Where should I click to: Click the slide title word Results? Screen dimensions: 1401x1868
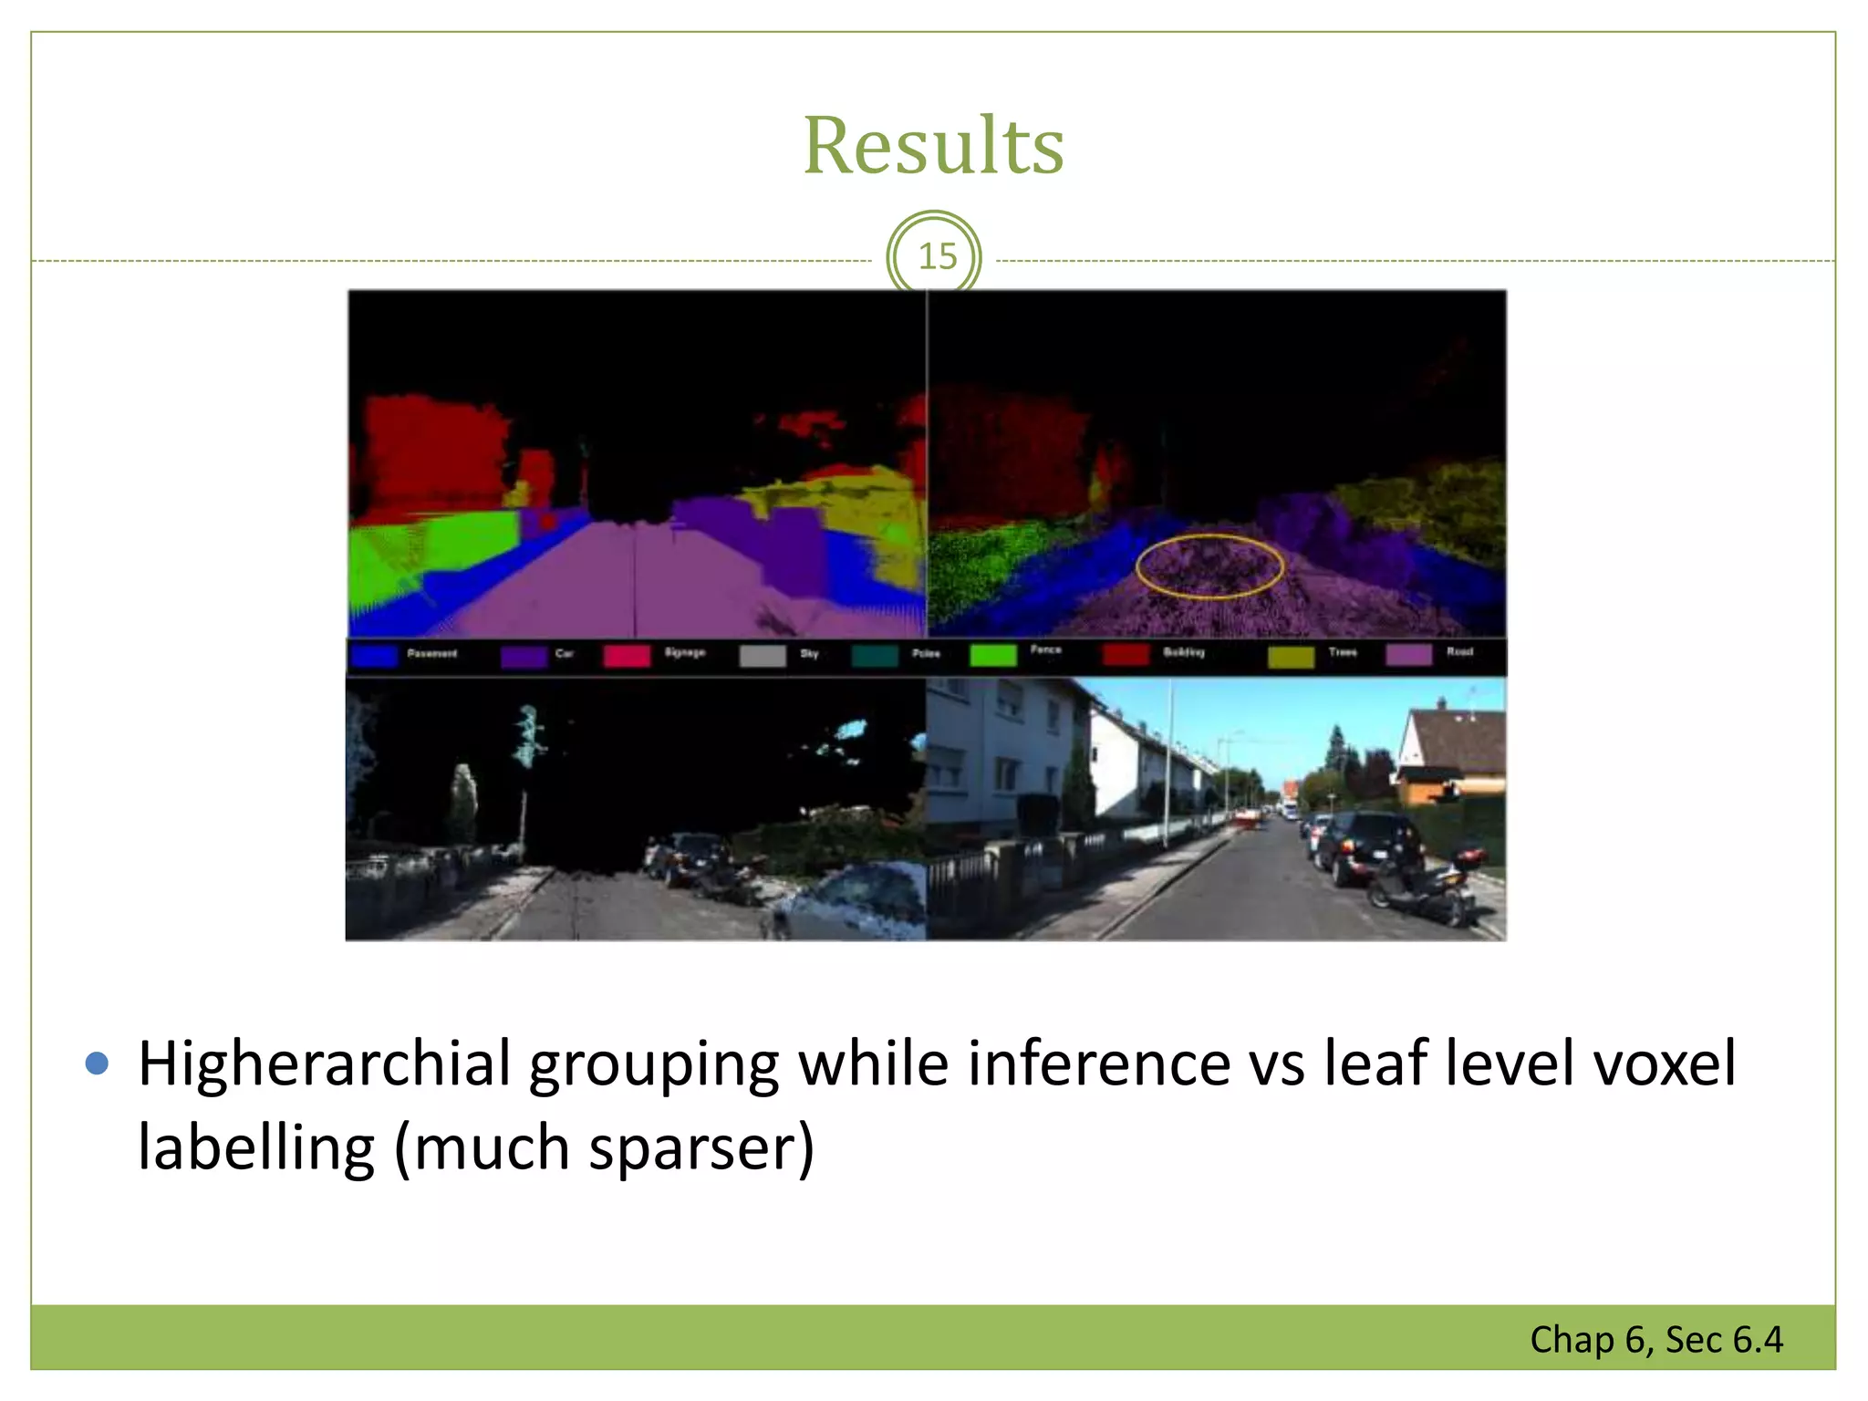[933, 146]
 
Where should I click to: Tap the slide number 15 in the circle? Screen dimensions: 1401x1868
[937, 256]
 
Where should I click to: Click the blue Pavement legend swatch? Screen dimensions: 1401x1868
[375, 656]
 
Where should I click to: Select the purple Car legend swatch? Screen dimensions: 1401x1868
[524, 656]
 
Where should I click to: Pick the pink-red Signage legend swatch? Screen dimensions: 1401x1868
[627, 656]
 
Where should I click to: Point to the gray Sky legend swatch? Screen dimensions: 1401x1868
[763, 656]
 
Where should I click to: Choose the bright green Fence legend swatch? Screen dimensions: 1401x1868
[992, 655]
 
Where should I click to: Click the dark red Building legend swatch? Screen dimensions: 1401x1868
[1126, 655]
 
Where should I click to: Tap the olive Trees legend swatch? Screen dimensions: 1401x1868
[1291, 656]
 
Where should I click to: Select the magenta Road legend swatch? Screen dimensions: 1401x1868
[1408, 655]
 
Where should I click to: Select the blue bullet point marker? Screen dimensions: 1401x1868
[97, 1063]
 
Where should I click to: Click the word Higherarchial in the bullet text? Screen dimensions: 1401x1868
[324, 1064]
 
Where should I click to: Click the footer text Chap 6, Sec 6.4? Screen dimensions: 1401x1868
[1655, 1339]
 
